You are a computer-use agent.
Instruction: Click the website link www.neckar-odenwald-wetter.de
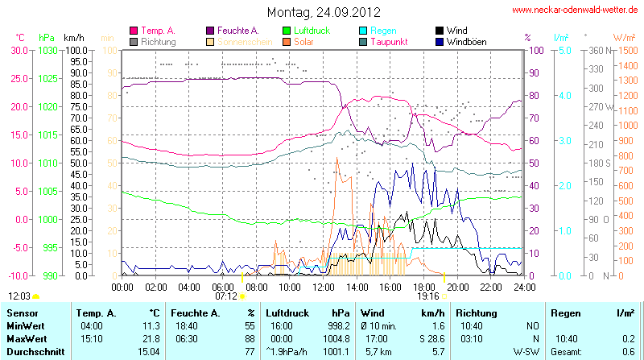575,10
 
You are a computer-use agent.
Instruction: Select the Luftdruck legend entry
303,30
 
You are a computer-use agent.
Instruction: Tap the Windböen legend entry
464,41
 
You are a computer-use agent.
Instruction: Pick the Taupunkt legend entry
389,41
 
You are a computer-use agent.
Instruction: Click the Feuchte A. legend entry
237,30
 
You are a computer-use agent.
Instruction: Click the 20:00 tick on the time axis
457,286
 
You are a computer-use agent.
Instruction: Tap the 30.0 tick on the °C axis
18,50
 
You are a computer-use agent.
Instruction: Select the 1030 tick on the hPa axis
47,50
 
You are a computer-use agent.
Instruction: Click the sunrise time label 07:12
225,296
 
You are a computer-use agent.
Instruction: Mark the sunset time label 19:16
428,296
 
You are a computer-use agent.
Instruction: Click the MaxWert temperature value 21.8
151,338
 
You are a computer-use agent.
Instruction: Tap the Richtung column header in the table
477,312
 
